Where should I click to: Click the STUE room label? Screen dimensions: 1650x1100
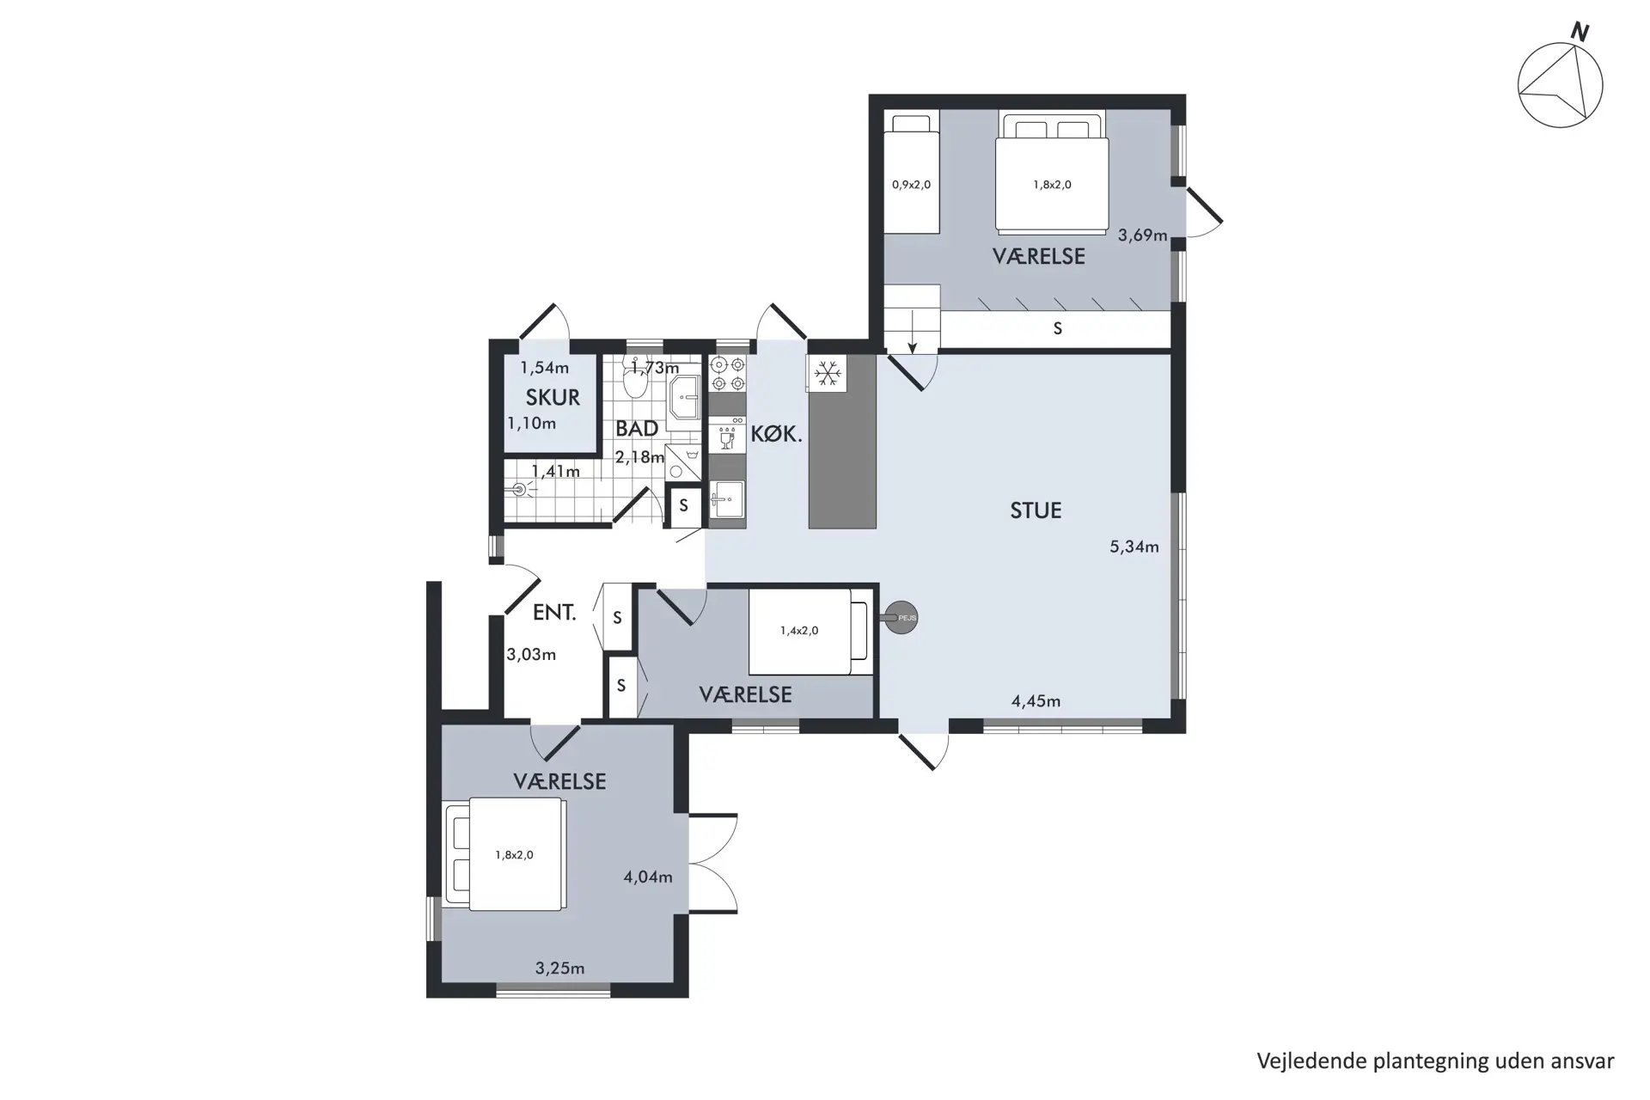coord(1036,510)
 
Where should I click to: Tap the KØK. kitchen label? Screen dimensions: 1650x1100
coord(776,435)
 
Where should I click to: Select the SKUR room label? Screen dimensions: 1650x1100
coord(553,398)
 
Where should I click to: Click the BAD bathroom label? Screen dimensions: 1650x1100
coord(637,428)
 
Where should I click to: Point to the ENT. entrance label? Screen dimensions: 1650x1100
coord(554,612)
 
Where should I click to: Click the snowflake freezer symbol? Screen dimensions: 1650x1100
coord(828,373)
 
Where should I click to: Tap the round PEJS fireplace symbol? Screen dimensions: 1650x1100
coord(901,617)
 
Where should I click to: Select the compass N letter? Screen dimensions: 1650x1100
coord(1580,33)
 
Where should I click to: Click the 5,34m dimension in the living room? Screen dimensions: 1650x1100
coord(1134,547)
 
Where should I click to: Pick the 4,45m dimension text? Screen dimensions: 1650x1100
coord(1036,701)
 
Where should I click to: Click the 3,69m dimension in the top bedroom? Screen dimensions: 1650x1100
coord(1142,235)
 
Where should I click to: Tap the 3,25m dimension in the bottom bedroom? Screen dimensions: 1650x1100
coord(559,969)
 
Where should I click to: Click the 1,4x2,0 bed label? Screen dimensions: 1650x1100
coord(799,631)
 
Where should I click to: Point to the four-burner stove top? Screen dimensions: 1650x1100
coord(727,375)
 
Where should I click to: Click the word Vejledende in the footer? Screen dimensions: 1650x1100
coord(1311,1062)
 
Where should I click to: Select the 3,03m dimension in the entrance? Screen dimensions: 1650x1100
coord(531,655)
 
